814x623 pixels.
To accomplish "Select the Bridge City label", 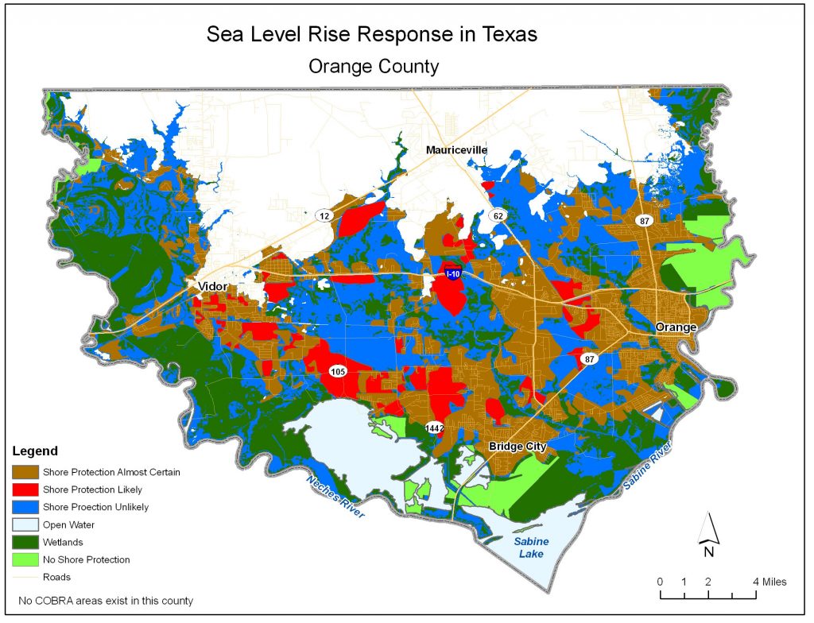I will (x=517, y=447).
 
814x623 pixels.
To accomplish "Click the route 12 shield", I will (x=324, y=215).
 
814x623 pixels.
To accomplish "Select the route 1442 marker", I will (x=434, y=428).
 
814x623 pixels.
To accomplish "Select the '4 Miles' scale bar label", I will (x=769, y=582).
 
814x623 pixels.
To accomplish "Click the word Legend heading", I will (x=35, y=451).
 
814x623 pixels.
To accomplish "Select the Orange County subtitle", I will (x=374, y=67).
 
